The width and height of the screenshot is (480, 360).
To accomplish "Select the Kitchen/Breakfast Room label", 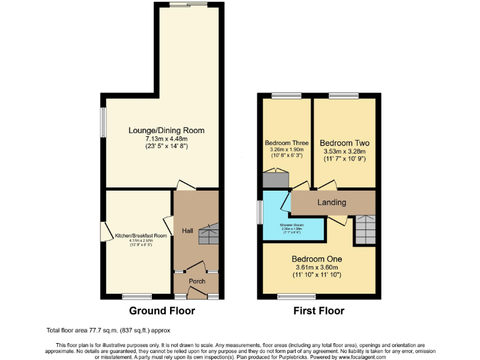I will pyautogui.click(x=141, y=236).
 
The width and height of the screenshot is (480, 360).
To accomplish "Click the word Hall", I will pyautogui.click(x=187, y=231).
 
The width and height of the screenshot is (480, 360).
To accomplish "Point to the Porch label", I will pyautogui.click(x=197, y=281).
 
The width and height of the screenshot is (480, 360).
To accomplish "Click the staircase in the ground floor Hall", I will pyautogui.click(x=208, y=234).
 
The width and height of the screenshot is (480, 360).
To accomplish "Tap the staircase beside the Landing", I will pyautogui.click(x=364, y=229).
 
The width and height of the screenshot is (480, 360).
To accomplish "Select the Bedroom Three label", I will pyautogui.click(x=286, y=142).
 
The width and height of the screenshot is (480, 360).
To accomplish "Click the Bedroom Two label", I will pyautogui.click(x=344, y=142).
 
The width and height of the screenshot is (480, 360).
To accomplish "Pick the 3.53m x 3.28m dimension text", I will pyautogui.click(x=344, y=151).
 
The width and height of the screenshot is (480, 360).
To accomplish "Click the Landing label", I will pyautogui.click(x=332, y=202).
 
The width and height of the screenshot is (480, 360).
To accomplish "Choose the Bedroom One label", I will pyautogui.click(x=317, y=259).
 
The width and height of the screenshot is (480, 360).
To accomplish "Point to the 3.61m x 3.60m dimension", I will pyautogui.click(x=317, y=267).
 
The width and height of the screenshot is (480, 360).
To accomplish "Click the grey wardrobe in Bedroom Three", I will pyautogui.click(x=275, y=179).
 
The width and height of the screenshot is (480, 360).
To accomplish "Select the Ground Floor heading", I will pyautogui.click(x=162, y=311).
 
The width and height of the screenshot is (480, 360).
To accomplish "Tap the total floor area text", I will pyautogui.click(x=108, y=330).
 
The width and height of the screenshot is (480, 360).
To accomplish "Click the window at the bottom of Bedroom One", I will pyautogui.click(x=287, y=295).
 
